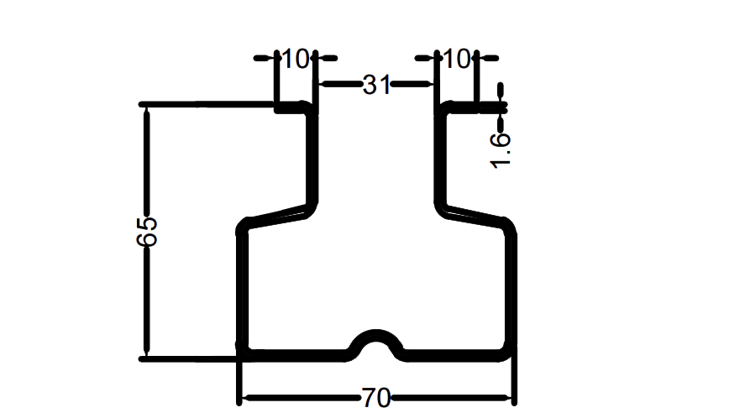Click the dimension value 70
376,398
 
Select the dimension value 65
146,232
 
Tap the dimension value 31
377,84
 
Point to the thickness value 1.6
501,149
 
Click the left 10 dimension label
295,59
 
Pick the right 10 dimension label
454,59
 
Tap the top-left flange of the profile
294,107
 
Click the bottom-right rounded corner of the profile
506,351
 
